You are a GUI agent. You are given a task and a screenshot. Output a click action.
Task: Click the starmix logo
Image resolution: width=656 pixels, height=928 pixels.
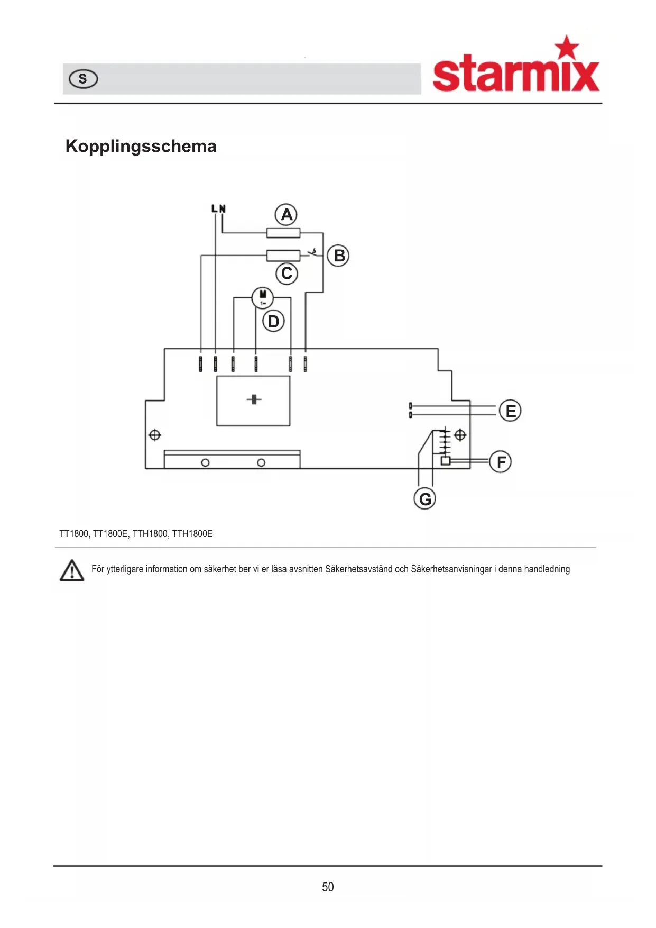click(x=516, y=64)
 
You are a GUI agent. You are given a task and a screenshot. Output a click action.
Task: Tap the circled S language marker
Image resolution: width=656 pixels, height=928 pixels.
click(x=84, y=79)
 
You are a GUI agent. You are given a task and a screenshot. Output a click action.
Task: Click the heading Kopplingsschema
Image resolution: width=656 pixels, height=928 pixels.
click(x=141, y=146)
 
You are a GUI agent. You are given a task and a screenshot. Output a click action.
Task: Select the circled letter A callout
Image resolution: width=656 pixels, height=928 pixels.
click(x=286, y=215)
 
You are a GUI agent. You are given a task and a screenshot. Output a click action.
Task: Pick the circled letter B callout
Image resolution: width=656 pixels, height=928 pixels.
click(x=338, y=256)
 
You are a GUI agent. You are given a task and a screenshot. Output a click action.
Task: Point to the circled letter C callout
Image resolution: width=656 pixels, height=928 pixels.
click(x=287, y=274)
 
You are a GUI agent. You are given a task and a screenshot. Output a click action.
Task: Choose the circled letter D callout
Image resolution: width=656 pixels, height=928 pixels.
click(x=273, y=321)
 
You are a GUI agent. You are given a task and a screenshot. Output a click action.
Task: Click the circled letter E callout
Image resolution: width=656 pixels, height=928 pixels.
click(x=510, y=411)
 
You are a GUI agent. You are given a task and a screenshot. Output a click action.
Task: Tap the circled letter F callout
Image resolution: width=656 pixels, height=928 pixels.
click(x=501, y=462)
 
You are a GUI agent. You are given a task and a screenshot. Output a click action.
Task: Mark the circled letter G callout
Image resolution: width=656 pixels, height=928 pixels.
click(x=425, y=498)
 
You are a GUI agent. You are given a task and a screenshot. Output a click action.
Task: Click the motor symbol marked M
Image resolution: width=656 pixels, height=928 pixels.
click(x=263, y=298)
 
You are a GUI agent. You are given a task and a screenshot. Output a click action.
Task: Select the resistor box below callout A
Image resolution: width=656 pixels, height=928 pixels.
click(x=283, y=233)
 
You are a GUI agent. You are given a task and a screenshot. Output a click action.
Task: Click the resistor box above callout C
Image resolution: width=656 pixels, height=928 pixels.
click(x=283, y=256)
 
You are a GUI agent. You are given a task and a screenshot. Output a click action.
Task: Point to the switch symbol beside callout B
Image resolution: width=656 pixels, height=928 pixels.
click(x=315, y=252)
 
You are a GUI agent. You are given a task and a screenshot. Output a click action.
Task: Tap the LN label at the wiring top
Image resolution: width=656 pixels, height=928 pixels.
click(x=218, y=208)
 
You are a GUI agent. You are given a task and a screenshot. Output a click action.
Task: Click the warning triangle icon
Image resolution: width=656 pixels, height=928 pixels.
click(x=72, y=570)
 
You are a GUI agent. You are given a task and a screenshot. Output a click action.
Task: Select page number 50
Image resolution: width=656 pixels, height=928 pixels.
click(x=328, y=887)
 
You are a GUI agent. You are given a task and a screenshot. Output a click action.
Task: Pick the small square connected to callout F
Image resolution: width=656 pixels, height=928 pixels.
click(x=446, y=461)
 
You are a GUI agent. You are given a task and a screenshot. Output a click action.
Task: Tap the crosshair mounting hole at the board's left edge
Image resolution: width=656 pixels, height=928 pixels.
click(x=155, y=435)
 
